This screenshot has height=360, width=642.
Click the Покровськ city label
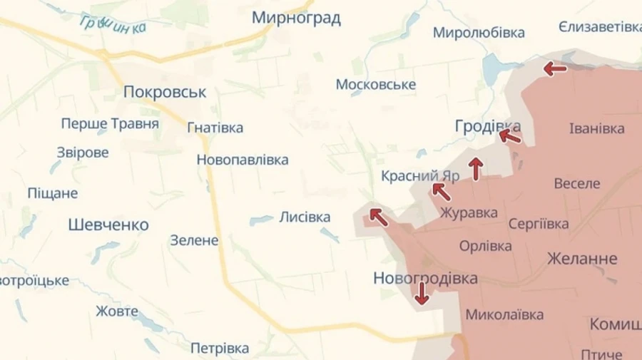point(165,92)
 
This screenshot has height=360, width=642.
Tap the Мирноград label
point(296,18)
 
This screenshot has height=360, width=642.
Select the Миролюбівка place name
point(479,33)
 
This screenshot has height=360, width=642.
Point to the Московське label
point(376,85)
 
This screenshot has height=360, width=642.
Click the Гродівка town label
point(487,126)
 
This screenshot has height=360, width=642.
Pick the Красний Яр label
point(409,175)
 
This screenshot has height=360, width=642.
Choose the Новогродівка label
point(425,279)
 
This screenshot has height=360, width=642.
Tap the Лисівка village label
point(305,217)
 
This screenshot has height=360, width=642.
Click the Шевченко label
point(108,225)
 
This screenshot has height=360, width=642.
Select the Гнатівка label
point(215,128)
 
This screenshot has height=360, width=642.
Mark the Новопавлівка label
point(243,160)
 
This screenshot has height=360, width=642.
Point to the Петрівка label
point(220,348)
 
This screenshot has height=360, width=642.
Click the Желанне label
point(582,259)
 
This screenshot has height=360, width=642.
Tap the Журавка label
point(469,212)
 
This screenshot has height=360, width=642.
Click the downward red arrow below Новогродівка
point(422,293)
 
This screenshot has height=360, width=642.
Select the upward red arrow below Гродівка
point(476,169)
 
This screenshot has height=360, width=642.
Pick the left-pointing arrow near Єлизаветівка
point(555,69)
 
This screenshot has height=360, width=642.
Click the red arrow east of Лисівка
point(378,217)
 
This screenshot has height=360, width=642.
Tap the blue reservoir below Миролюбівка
point(494,68)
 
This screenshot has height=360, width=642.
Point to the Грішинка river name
point(114,25)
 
